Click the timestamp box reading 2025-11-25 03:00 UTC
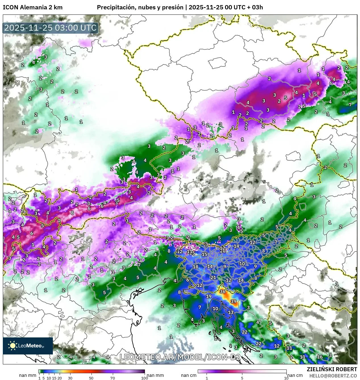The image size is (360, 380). click(x=51, y=28)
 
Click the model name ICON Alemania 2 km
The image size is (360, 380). click(x=33, y=7)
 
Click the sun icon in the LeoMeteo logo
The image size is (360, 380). click(x=13, y=345)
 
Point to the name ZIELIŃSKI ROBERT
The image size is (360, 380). click(x=332, y=369)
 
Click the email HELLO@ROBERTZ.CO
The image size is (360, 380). click(x=333, y=375)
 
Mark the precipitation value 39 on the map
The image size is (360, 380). click(x=233, y=301)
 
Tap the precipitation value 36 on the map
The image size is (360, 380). click(x=222, y=291)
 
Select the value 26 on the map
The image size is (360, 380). click(x=222, y=251)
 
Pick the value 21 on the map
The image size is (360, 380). click(x=213, y=277)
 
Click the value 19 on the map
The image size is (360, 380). click(x=209, y=296)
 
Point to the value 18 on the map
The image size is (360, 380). click(x=195, y=267)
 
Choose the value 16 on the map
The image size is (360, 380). click(x=320, y=357)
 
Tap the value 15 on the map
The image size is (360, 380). click(x=204, y=254)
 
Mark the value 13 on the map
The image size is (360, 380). click(x=230, y=312)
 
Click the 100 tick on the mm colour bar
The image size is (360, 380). click(x=144, y=378)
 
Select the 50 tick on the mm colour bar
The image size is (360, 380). click(x=91, y=378)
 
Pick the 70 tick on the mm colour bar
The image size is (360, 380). click(x=113, y=378)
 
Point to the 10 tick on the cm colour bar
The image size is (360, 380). click(x=286, y=378)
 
